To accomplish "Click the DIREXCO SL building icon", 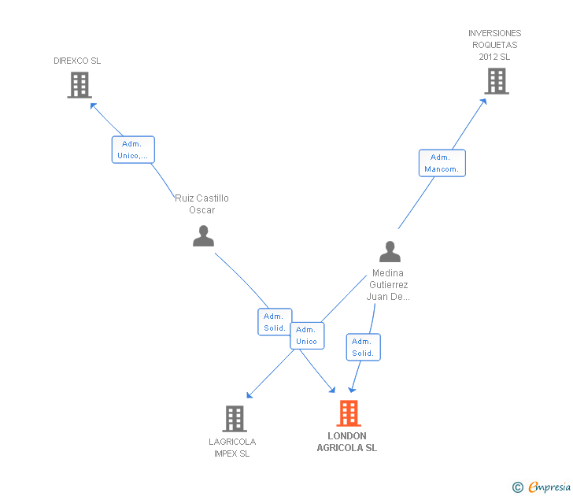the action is pos(79,85).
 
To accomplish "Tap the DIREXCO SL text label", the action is pos(77,61).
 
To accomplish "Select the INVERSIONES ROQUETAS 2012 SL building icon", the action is pos(497,81).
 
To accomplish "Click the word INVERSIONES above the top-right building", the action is pos(495,33).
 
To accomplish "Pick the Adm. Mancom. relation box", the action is pos(442,163).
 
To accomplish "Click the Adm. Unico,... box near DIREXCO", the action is pos(133,150).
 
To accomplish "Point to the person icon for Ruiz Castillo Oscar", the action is pos(203,235).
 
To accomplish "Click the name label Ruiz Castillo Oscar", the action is pos(201,204).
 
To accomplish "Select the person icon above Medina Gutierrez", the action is pos(390,251).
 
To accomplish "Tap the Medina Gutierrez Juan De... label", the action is pos(388,285).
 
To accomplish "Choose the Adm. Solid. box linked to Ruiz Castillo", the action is pos(274,322).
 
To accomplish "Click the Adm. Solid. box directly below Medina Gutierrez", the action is pos(364,347).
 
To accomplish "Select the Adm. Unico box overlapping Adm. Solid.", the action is pos(307,335).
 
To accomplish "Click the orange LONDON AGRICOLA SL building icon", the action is pos(349,413).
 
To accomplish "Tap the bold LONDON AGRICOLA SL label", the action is pos(347,442).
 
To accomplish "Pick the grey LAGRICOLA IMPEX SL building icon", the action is pos(235,419).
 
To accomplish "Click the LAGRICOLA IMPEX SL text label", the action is pos(232,448).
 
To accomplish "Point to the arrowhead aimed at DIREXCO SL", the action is pos(93,106).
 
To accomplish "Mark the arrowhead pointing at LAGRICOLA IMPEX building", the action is pos(250,395).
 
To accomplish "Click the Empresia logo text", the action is pos(549,487).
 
